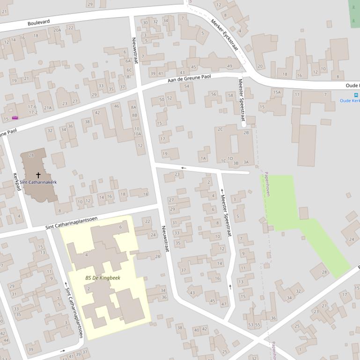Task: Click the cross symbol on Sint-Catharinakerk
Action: [x=38, y=175]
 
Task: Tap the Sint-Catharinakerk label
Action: [x=38, y=182]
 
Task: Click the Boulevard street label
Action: [x=38, y=22]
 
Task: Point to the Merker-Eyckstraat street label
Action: [x=224, y=35]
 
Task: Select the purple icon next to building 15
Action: [x=15, y=118]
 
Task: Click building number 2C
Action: [x=220, y=129]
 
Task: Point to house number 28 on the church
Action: [x=31, y=155]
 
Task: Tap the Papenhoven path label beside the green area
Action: [x=267, y=183]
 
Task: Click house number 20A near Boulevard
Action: [x=57, y=30]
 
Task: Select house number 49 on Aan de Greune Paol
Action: [x=229, y=66]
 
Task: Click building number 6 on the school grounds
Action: [x=120, y=227]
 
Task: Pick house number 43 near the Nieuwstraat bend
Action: [x=192, y=293]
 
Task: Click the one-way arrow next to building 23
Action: [x=183, y=168]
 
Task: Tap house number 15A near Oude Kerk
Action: [x=277, y=92]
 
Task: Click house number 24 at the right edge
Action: [x=352, y=239]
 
